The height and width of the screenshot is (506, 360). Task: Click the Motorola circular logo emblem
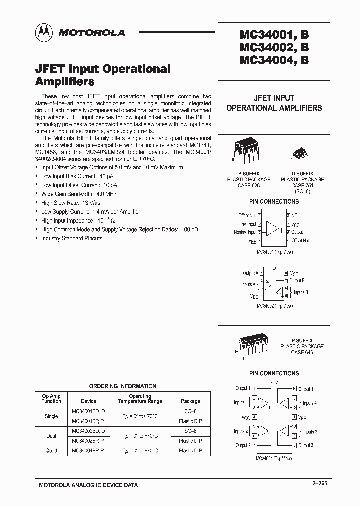(x=45, y=33)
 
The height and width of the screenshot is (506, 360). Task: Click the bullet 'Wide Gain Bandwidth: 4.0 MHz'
(x=79, y=194)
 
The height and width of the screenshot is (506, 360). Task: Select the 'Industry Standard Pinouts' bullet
(x=71, y=238)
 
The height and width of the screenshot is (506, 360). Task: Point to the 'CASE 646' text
(x=302, y=352)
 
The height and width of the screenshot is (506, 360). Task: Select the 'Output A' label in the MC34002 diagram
(x=250, y=273)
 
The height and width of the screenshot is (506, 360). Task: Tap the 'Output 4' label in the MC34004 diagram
(x=305, y=388)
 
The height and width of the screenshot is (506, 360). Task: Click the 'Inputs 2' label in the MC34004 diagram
(x=241, y=431)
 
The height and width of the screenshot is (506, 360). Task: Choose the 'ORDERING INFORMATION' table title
(x=122, y=386)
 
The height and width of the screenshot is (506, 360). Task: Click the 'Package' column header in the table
(x=190, y=401)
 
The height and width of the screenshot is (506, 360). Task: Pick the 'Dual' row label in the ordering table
(x=51, y=436)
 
